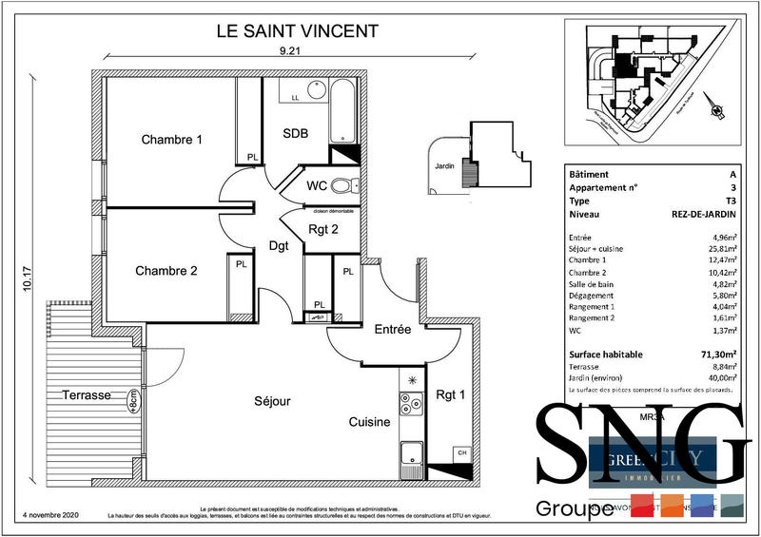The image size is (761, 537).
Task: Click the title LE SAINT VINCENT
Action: [298, 30]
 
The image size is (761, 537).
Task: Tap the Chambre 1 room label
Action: [172, 140]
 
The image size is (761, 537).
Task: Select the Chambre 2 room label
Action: [166, 271]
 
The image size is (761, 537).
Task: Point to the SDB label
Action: [296, 134]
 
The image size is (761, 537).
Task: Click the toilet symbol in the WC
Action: [341, 185]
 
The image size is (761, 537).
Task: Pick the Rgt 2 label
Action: [322, 228]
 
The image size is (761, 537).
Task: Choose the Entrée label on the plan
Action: [392, 330]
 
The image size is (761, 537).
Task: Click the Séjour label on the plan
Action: [272, 401]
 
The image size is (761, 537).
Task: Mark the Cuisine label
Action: [369, 423]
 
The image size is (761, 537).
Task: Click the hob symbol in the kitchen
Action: [412, 404]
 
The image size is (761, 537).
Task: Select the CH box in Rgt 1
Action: [462, 452]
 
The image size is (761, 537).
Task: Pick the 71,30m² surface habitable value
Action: [718, 355]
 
